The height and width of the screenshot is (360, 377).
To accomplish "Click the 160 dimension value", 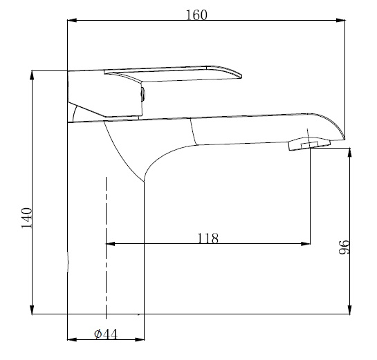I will (x=196, y=15).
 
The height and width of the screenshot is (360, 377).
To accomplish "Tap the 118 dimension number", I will (x=208, y=238).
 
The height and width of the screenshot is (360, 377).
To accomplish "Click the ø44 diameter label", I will (x=105, y=334).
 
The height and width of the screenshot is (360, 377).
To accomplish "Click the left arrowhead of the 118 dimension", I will (x=110, y=243).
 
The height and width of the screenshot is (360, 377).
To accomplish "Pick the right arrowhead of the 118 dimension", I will (x=306, y=243).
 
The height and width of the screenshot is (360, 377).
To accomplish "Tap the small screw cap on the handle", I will (x=143, y=93).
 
